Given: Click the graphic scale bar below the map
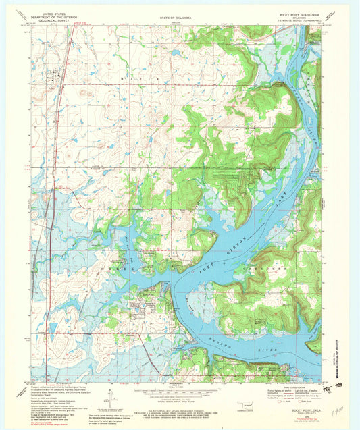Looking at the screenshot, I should (177, 390).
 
